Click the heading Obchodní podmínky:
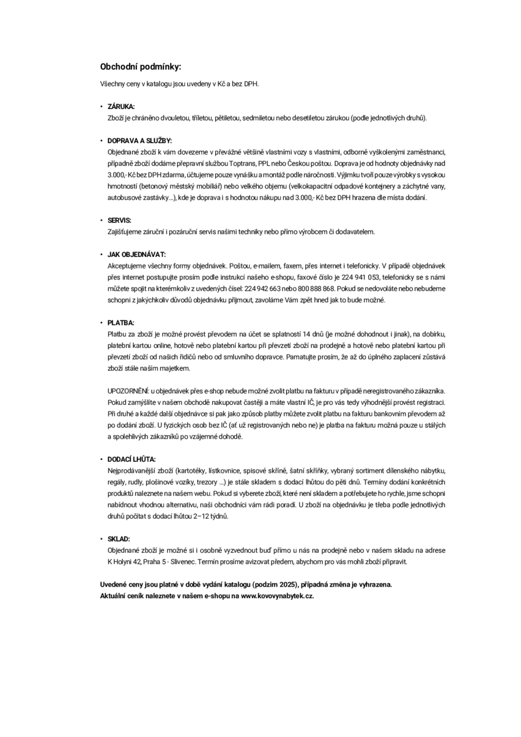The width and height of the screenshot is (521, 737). coord(141,66)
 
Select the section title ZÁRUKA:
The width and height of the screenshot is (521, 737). coord(121,106)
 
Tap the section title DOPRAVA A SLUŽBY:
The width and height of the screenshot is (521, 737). coord(140,140)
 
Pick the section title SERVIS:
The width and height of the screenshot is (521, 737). coord(119,220)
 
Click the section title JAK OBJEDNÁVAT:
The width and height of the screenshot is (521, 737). coord(136,254)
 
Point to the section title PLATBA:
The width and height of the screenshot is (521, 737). coord(121,322)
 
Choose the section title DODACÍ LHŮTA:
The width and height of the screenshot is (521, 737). coord(131,459)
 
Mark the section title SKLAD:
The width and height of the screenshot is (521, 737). coord(119,538)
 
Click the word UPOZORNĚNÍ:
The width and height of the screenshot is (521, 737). coord(128,392)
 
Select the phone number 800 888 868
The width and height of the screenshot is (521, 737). coord(316,288)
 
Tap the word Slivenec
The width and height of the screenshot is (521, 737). coord(176,562)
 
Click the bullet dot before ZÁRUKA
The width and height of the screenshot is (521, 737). coord(101,106)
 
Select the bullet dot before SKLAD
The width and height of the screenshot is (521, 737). coord(101,538)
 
